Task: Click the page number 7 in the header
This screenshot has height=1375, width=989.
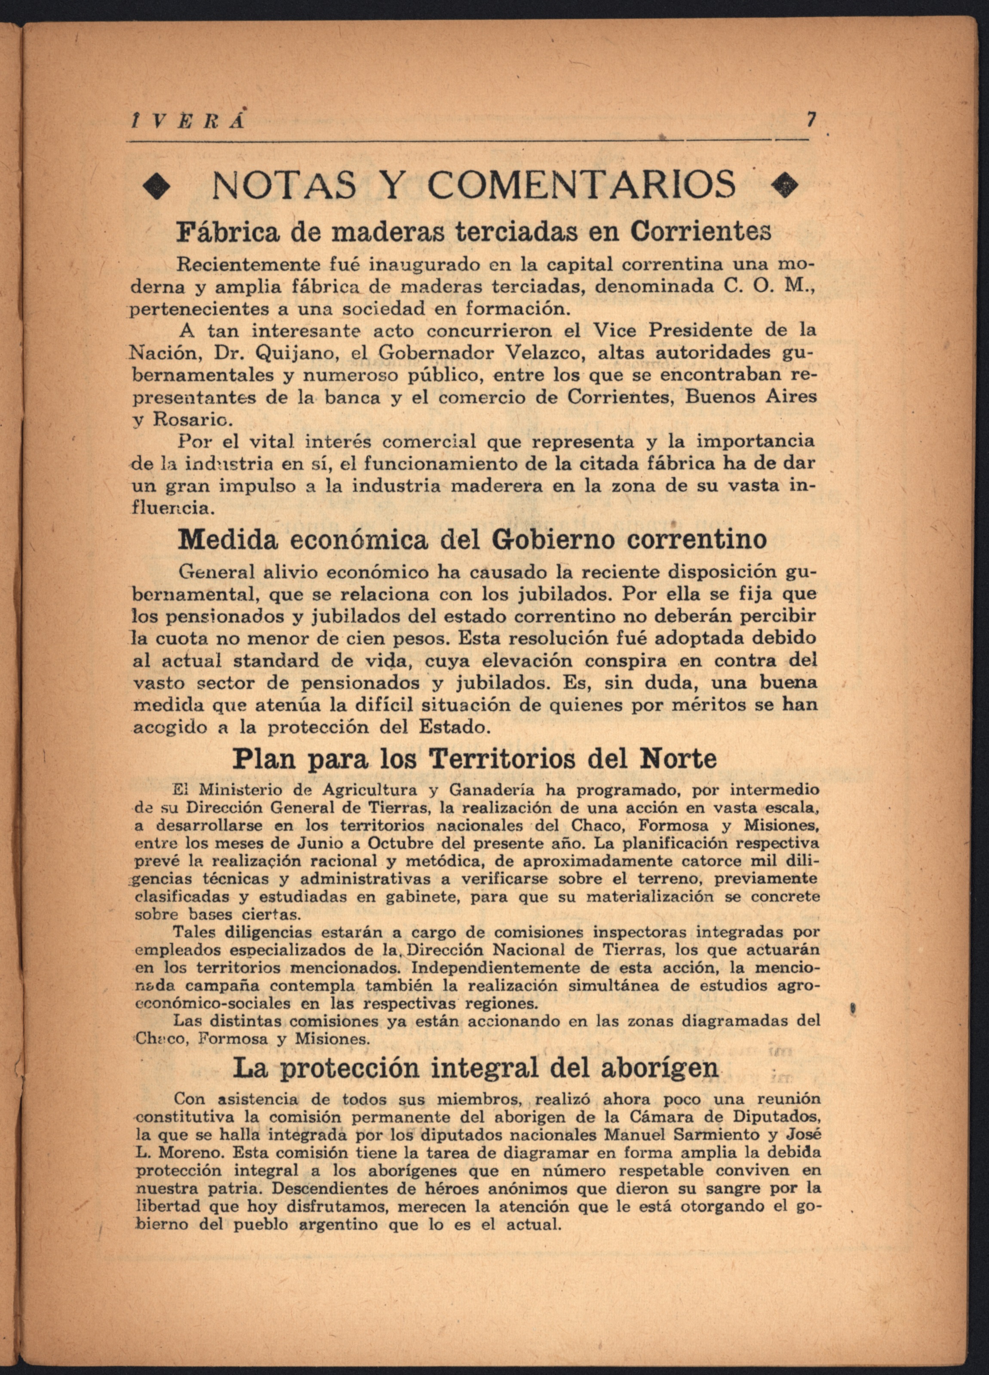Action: point(809,120)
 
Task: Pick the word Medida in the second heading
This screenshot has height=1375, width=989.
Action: point(228,539)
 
